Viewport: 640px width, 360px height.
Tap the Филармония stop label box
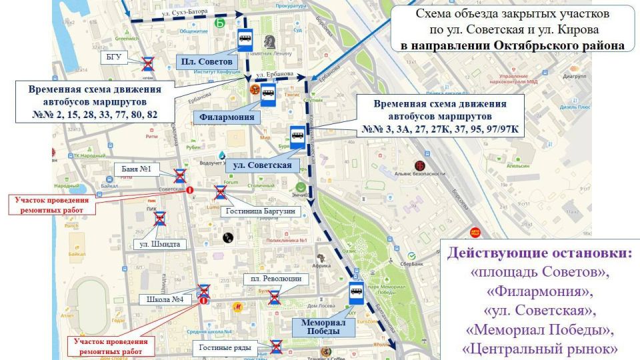pos(227,117)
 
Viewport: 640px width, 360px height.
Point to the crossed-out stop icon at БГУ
pos(148,64)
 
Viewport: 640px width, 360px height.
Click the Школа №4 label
pos(167,299)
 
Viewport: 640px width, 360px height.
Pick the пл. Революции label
pos(275,279)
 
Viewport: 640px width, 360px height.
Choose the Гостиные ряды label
pos(229,347)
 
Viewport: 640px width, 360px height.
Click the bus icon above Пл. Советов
pos(244,39)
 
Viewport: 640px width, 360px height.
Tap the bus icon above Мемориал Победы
pos(355,293)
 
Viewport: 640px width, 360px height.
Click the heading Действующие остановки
pos(539,255)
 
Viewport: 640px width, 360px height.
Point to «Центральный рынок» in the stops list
pos(539,349)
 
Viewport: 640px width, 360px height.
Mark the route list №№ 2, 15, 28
pos(95,115)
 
